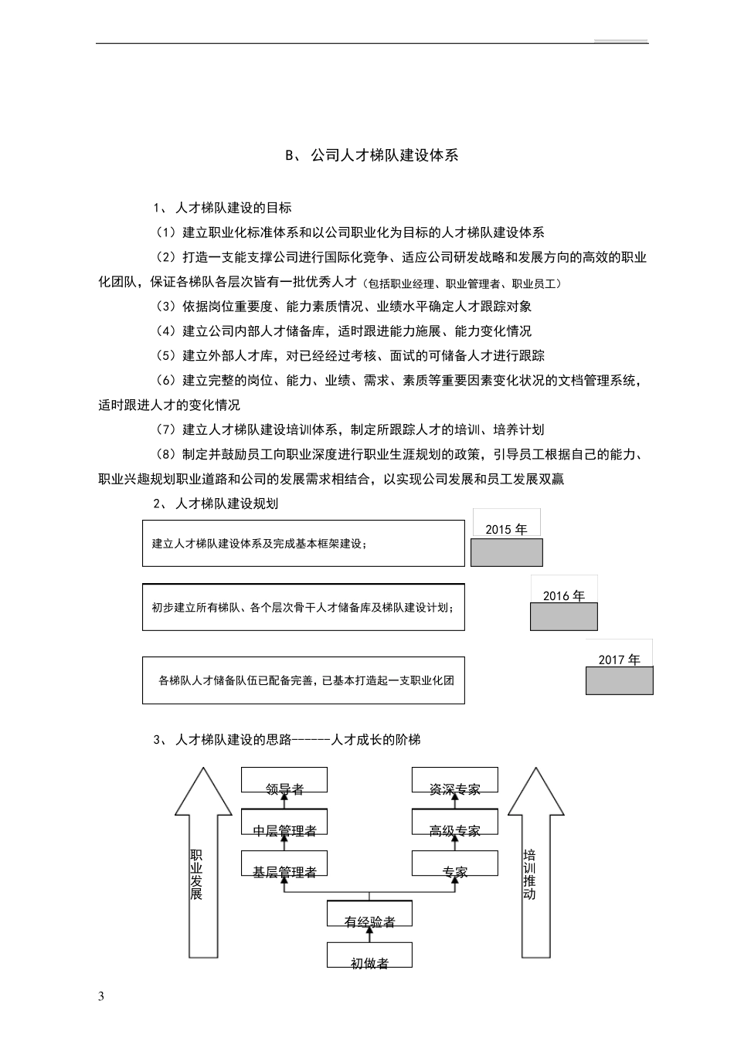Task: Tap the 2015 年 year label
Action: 506,529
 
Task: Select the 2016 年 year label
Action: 563,595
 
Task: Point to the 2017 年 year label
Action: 619,660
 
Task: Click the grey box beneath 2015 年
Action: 506,553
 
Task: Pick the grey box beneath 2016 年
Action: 563,616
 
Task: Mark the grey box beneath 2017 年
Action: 619,680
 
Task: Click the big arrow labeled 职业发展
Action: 197,873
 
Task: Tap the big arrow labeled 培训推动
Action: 529,873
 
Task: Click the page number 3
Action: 100,996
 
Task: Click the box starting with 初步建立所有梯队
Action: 303,607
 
